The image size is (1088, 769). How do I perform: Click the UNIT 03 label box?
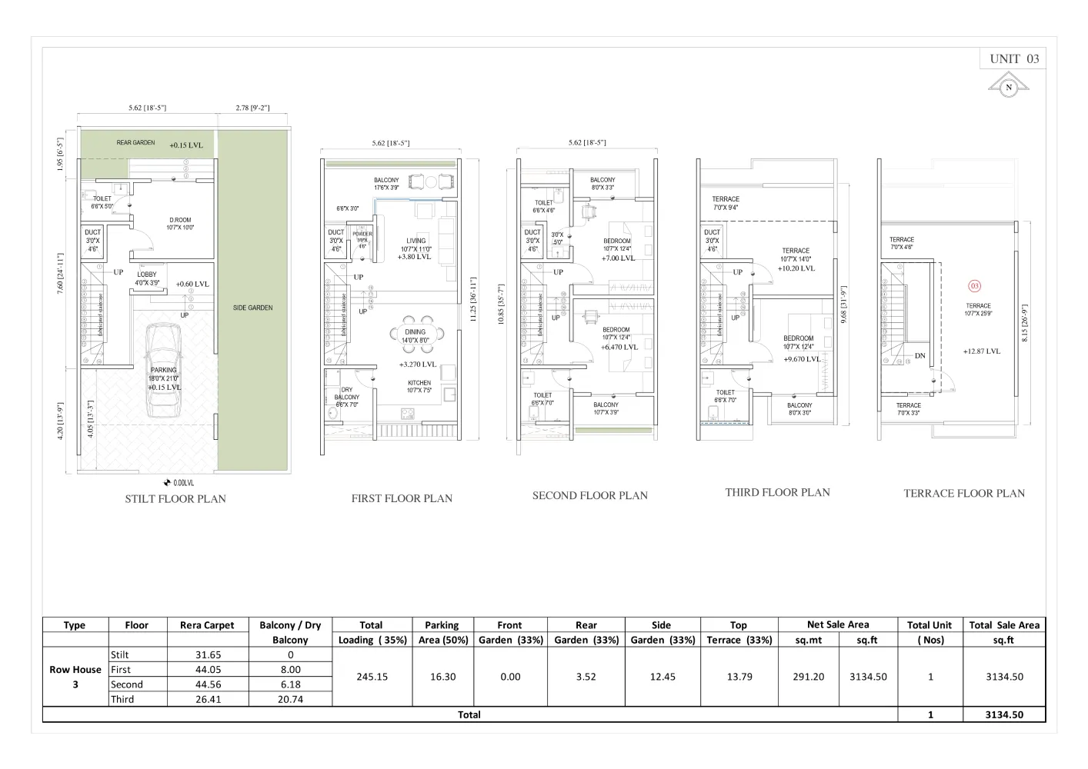click(1013, 58)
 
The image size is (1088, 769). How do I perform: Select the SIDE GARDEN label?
click(252, 308)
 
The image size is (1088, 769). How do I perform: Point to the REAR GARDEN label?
click(135, 143)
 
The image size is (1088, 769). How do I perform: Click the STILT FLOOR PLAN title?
click(175, 498)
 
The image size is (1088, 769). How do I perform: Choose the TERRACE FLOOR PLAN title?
click(963, 494)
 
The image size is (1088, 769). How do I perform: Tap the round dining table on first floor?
click(416, 333)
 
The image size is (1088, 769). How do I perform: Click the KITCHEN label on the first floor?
click(419, 382)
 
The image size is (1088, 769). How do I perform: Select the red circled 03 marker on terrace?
click(974, 286)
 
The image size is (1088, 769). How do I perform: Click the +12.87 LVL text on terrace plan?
click(981, 351)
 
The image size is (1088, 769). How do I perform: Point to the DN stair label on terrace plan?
click(920, 356)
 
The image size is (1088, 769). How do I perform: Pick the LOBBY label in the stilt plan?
click(147, 275)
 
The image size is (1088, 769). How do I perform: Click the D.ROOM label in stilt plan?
click(180, 220)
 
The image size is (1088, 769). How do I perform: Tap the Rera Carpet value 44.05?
click(207, 670)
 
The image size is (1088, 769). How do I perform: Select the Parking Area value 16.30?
click(442, 677)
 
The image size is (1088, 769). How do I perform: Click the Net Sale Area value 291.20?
click(808, 677)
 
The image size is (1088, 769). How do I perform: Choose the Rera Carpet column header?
click(207, 625)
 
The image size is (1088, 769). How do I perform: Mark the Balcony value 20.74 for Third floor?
click(290, 699)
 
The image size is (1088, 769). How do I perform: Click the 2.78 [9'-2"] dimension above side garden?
click(252, 108)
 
